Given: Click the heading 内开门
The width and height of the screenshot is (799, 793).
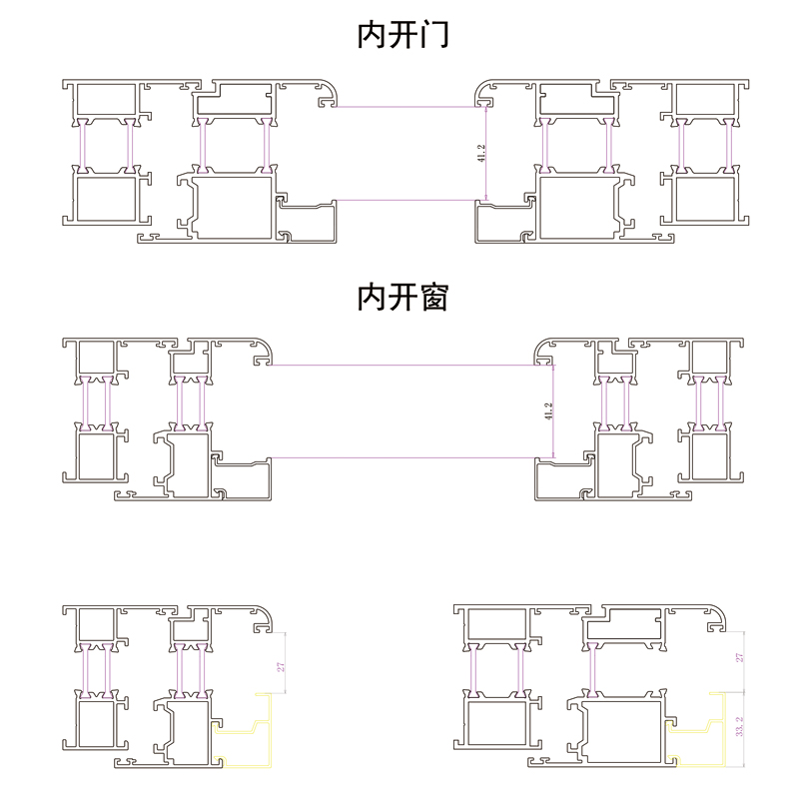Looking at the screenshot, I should (x=403, y=36).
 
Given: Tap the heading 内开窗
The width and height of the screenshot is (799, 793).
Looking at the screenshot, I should (x=403, y=297).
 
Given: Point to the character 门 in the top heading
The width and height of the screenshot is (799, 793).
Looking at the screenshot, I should (x=435, y=36).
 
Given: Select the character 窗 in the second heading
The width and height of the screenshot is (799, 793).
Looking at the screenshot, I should (x=435, y=297).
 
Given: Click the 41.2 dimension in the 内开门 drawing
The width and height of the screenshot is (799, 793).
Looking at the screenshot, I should (x=480, y=153).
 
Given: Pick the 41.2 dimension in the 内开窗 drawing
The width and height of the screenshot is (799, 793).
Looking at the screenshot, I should (x=547, y=411).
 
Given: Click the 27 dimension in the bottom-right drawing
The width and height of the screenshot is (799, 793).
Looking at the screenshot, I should (x=739, y=658).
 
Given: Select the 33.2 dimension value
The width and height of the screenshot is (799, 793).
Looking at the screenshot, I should (x=739, y=727).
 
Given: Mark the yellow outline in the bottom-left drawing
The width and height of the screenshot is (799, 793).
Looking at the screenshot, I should (x=245, y=733).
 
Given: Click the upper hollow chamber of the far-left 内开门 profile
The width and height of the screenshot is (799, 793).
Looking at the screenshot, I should (x=105, y=100).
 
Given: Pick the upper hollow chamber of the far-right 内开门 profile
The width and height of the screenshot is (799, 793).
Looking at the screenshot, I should (x=704, y=100).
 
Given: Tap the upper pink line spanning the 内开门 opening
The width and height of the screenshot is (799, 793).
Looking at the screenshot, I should (x=404, y=106).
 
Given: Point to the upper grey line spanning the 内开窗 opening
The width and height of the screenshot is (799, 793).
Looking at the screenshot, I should (x=404, y=366).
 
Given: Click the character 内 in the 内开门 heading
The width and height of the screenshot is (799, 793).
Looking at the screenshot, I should (x=372, y=36).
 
